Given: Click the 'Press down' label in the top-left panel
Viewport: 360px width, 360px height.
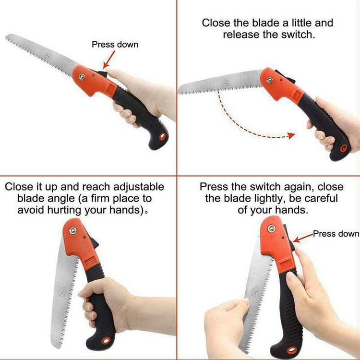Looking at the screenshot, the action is click(115, 44).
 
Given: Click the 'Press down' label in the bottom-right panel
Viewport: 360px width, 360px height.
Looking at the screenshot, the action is click(336, 234).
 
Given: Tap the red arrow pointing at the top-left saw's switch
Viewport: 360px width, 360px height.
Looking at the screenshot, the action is click(109, 60).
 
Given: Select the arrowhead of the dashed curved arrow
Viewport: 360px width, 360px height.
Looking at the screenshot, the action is click(291, 135).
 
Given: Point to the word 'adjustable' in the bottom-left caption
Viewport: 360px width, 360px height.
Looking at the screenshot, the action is click(139, 187).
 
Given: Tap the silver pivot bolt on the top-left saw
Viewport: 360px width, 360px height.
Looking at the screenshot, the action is click(82, 77).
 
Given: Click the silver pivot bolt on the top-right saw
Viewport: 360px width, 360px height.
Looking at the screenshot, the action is click(269, 80).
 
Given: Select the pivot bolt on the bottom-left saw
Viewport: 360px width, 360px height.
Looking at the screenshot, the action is click(73, 230).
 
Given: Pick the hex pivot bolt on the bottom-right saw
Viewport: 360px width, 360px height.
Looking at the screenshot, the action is click(271, 228).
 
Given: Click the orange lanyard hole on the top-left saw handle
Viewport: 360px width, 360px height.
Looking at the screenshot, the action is click(162, 136).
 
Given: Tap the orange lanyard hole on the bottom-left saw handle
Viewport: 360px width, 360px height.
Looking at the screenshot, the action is click(106, 340).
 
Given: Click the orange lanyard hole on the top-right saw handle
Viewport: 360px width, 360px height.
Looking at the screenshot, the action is click(343, 148).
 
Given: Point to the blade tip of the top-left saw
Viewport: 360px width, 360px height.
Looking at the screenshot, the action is click(6, 36).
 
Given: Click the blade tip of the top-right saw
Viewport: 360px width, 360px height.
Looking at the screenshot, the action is click(180, 90).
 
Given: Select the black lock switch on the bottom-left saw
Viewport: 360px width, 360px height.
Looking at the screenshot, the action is click(95, 243).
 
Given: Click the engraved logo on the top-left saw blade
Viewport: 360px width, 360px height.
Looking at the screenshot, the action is click(48, 56).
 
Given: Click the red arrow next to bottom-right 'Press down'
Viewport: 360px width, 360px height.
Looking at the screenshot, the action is click(303, 238).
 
